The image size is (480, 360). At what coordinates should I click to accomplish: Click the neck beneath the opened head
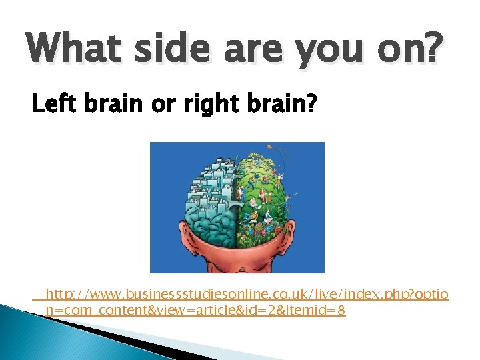pos(237,263)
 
